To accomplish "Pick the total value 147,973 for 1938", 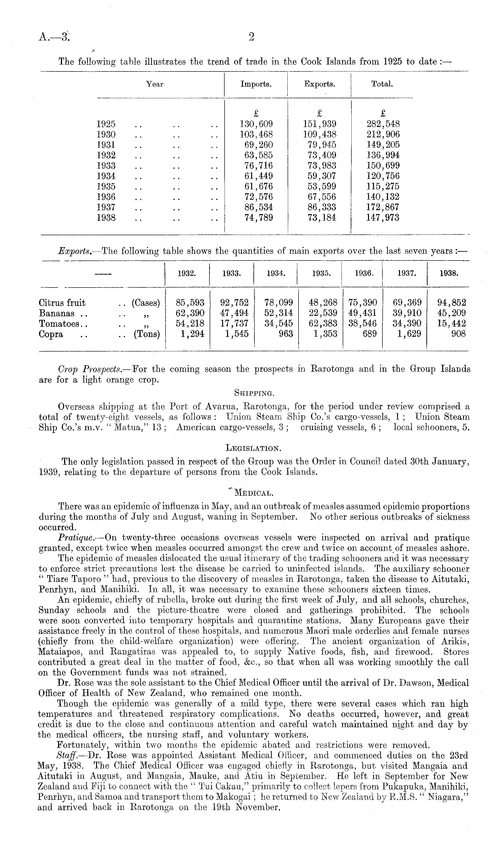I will click(x=382, y=218).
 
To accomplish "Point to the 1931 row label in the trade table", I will click(x=106, y=145).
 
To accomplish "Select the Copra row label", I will click(x=51, y=334).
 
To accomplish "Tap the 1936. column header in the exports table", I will click(x=362, y=273).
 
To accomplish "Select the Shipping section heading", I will click(x=254, y=393).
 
